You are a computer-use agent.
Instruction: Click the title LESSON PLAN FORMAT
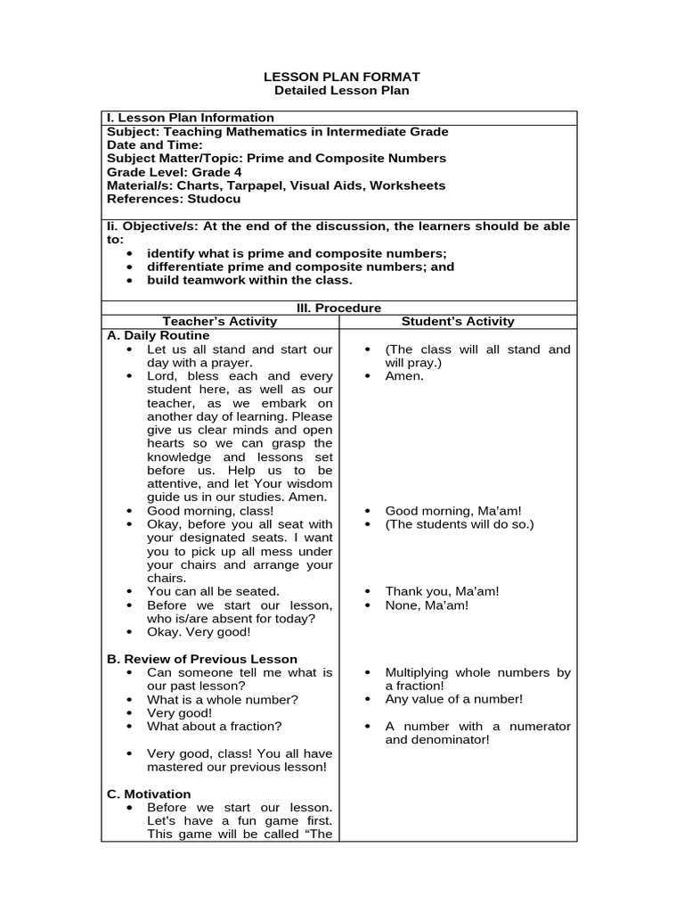pos(342,78)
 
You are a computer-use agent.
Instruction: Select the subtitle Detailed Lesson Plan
pos(342,91)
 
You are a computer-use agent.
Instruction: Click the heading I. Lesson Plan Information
pos(191,118)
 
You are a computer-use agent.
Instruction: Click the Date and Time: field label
pos(154,144)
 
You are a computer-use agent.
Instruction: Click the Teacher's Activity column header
pos(220,321)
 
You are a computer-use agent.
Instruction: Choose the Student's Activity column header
pos(458,321)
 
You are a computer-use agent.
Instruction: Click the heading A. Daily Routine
pos(158,335)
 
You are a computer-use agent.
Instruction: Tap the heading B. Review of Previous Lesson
pos(202,659)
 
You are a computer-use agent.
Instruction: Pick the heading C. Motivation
pos(149,794)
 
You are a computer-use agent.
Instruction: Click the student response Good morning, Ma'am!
pos(452,511)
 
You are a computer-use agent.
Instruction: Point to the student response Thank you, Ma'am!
pos(442,591)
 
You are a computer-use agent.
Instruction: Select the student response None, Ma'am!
pos(427,605)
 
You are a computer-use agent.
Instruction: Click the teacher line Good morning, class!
pos(210,511)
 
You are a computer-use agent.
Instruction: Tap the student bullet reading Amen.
pos(404,376)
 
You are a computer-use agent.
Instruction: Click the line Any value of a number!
pos(453,699)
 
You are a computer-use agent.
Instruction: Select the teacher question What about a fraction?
pos(214,726)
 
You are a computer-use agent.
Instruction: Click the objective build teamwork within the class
pos(249,280)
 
